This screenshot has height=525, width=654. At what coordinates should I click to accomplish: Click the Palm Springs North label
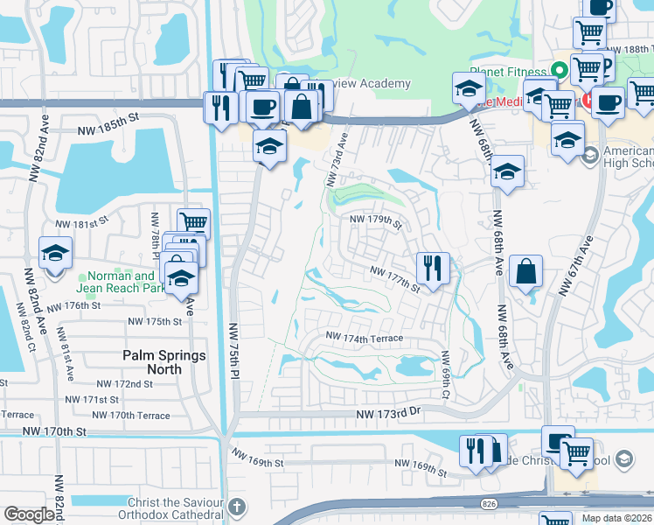(164, 362)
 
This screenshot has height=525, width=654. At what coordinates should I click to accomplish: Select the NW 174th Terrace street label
(365, 338)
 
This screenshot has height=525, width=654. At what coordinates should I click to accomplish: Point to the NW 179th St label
(375, 221)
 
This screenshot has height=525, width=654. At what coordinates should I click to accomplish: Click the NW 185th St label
(108, 115)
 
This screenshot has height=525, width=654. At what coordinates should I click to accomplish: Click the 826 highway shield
(489, 503)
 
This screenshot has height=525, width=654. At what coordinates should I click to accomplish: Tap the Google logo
(29, 514)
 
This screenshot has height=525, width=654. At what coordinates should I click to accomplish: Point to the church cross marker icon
(237, 507)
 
